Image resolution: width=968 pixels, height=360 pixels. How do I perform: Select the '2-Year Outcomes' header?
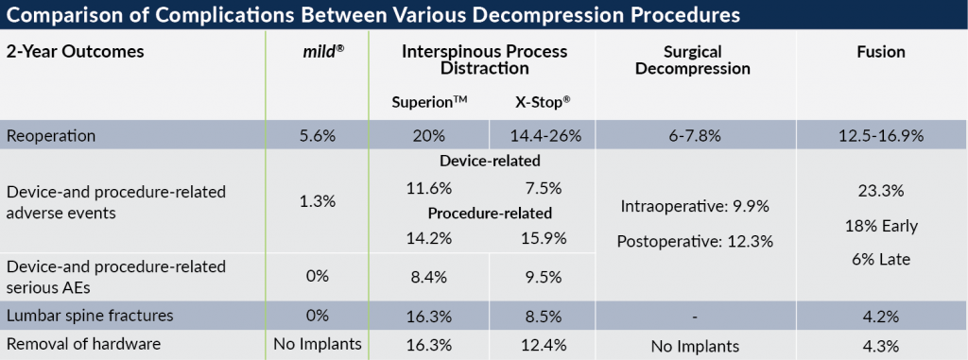point(77,52)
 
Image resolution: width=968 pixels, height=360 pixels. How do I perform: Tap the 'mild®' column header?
point(318,52)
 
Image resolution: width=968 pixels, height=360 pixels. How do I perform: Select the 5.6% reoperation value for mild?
point(318,136)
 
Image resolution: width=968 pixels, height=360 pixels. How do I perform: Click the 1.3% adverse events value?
point(318,202)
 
